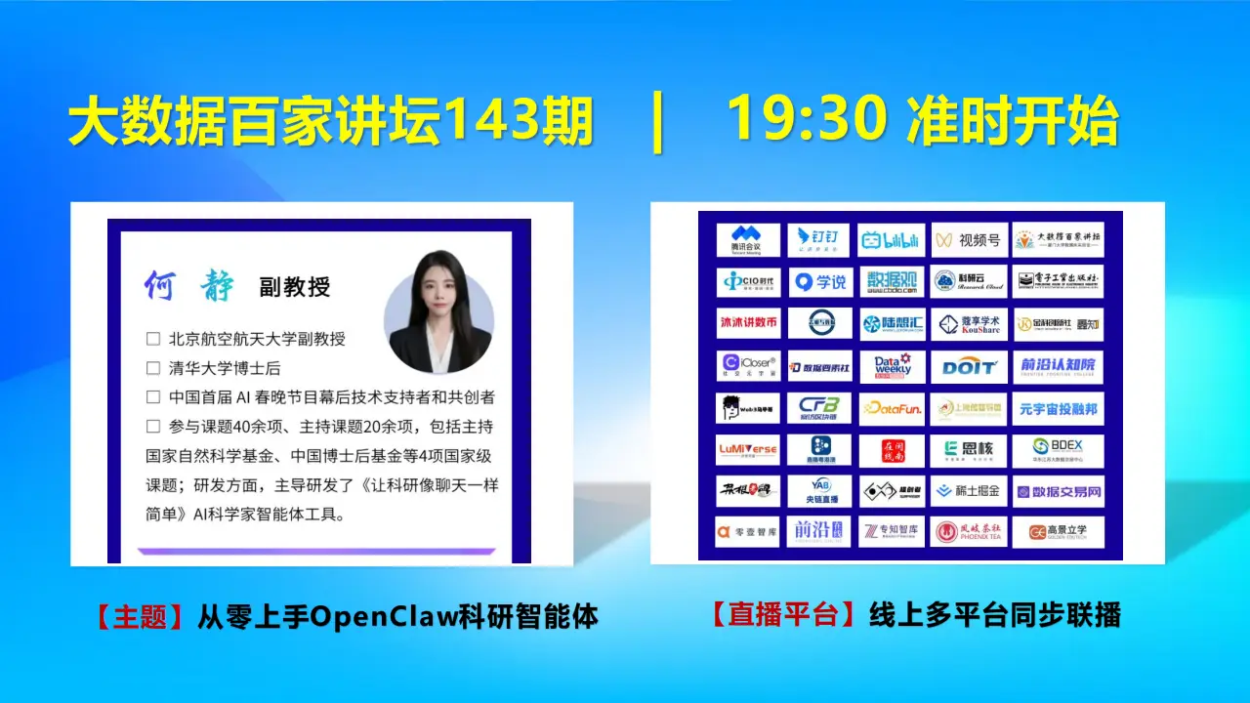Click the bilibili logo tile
click(x=891, y=240)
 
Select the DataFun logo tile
click(x=891, y=409)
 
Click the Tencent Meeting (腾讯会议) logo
click(x=748, y=240)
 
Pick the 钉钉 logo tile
click(x=819, y=240)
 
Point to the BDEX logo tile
click(x=1058, y=450)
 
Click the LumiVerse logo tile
click(x=748, y=450)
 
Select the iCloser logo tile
click(x=748, y=367)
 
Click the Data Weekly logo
click(x=891, y=367)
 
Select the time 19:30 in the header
click(x=807, y=121)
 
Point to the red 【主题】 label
click(x=140, y=617)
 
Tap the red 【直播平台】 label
click(x=784, y=615)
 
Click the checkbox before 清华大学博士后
click(x=152, y=369)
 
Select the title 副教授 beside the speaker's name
click(x=294, y=287)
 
